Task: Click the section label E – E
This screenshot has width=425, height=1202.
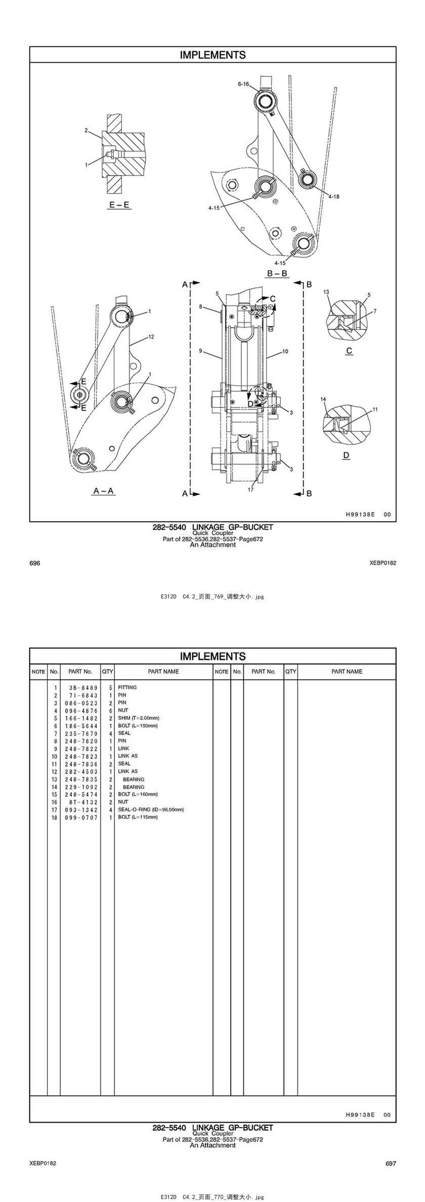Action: pos(120,205)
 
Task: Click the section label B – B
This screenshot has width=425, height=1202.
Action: pos(277,273)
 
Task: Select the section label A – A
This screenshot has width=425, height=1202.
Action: pos(104,490)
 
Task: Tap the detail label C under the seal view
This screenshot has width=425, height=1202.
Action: pos(349,351)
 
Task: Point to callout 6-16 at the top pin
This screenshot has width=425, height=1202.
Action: pos(243,84)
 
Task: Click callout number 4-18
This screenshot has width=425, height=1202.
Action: pos(333,196)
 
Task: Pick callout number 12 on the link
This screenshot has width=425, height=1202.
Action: pos(151,336)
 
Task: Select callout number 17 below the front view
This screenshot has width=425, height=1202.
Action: pos(250,489)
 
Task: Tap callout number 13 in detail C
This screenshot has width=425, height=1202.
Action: pos(326,292)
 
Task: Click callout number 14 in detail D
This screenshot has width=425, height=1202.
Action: pos(323,399)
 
